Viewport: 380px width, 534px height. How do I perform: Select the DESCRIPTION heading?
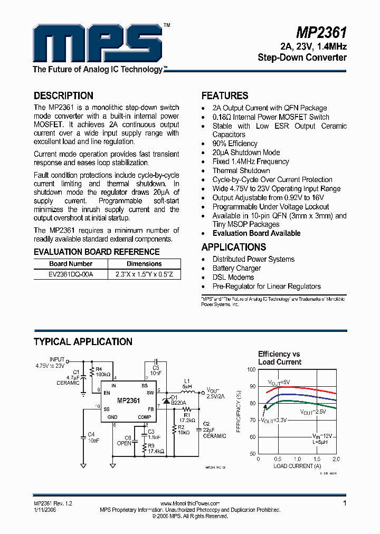pyautogui.click(x=63, y=96)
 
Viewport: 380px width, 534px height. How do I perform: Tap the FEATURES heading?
pyautogui.click(x=225, y=96)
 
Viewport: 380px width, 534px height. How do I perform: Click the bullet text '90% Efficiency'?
pyautogui.click(x=235, y=144)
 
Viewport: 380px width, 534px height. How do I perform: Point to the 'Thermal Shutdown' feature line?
pyautogui.click(x=241, y=170)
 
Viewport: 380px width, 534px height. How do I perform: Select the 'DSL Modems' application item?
pyautogui.click(x=233, y=277)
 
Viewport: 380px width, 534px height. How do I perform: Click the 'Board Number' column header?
pyautogui.click(x=71, y=264)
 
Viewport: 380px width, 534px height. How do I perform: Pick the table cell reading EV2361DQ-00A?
pyautogui.click(x=71, y=274)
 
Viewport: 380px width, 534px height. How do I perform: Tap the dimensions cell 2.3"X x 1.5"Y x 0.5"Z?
pyautogui.click(x=144, y=274)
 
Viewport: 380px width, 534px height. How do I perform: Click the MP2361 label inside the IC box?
pyautogui.click(x=129, y=401)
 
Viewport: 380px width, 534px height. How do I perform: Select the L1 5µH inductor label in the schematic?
pyautogui.click(x=187, y=383)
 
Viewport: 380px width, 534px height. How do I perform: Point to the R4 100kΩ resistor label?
pyautogui.click(x=103, y=371)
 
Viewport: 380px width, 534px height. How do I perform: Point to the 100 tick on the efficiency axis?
pyautogui.click(x=251, y=369)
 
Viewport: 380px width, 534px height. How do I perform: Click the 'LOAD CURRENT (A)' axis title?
pyautogui.click(x=297, y=466)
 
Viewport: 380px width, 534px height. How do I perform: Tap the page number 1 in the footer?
pyautogui.click(x=345, y=503)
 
